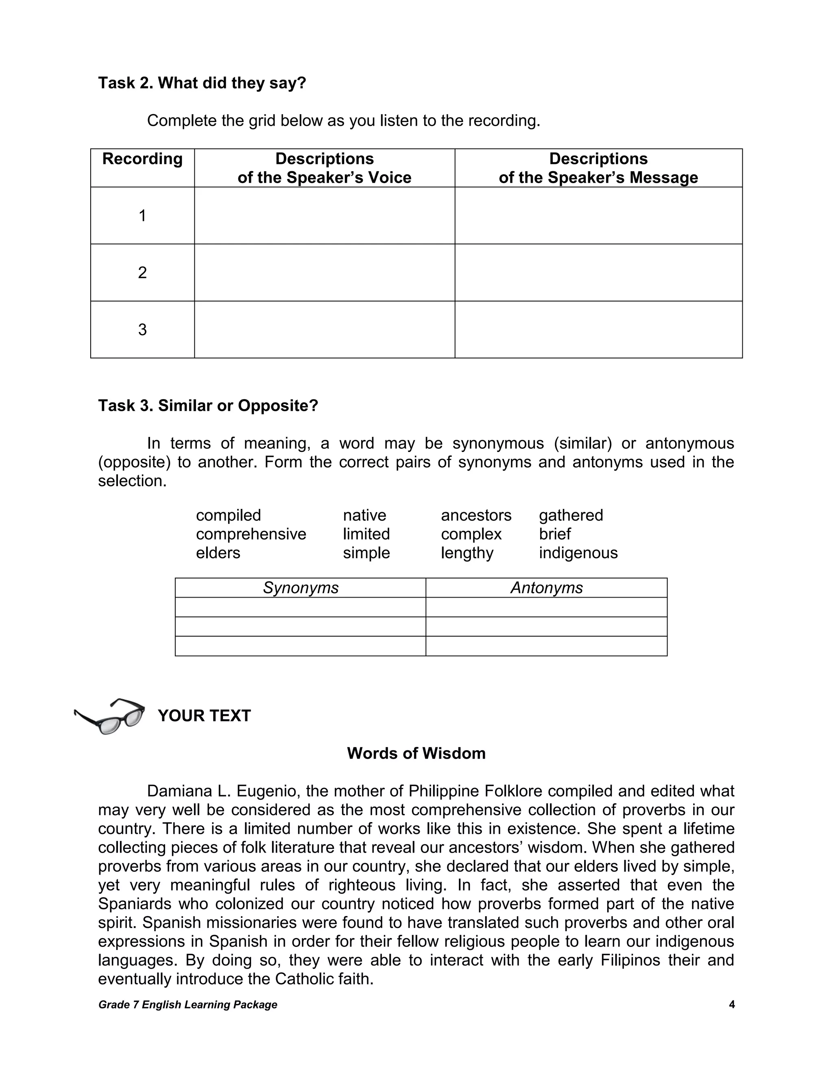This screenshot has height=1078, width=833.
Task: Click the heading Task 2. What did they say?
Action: tap(202, 83)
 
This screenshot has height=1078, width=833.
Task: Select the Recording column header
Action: tap(142, 159)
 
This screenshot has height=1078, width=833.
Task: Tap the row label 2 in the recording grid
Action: tap(142, 273)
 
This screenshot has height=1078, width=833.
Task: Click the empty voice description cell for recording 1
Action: tap(324, 215)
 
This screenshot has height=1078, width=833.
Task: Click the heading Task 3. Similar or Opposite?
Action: tap(208, 406)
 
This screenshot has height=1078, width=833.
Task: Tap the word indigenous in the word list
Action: tap(578, 553)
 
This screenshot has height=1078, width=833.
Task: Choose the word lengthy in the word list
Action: tap(467, 553)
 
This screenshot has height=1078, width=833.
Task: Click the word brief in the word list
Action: tap(555, 534)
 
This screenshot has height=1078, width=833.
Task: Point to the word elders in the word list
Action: tap(218, 553)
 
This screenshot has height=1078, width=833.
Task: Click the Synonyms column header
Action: tap(301, 588)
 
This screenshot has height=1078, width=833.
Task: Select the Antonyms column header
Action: tap(546, 588)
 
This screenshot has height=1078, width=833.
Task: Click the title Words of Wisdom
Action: tap(416, 753)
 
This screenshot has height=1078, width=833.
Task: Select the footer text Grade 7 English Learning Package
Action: tap(188, 1004)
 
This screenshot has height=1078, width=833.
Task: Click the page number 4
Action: tap(731, 1004)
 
